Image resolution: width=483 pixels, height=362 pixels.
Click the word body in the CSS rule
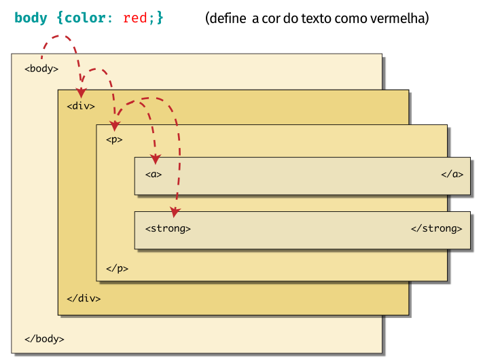(x=31, y=18)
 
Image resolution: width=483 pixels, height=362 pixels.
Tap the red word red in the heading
(x=135, y=18)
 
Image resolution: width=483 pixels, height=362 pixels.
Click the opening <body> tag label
(x=41, y=69)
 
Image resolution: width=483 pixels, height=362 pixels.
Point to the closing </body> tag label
(x=44, y=339)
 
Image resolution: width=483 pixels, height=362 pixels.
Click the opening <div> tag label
(x=81, y=106)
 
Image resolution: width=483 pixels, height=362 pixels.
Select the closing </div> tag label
(x=84, y=298)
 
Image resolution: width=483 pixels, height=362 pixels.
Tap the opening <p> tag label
(x=114, y=140)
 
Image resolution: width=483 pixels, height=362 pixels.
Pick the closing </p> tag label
(x=117, y=268)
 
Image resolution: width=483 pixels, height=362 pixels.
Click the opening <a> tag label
(x=154, y=175)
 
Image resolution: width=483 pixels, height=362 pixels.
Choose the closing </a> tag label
(x=452, y=175)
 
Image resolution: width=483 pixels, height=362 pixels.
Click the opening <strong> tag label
(x=168, y=229)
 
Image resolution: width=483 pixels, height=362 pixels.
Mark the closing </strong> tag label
(x=436, y=229)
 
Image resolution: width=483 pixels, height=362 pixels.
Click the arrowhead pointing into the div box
(x=81, y=93)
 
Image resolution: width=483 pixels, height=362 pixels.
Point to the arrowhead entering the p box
(x=115, y=126)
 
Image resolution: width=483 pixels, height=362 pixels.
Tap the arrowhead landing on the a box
(x=156, y=160)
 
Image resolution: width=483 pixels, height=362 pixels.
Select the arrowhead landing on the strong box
(x=175, y=213)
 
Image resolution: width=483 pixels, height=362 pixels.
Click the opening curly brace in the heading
(x=60, y=18)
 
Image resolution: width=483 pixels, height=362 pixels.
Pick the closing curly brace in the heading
(x=160, y=18)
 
